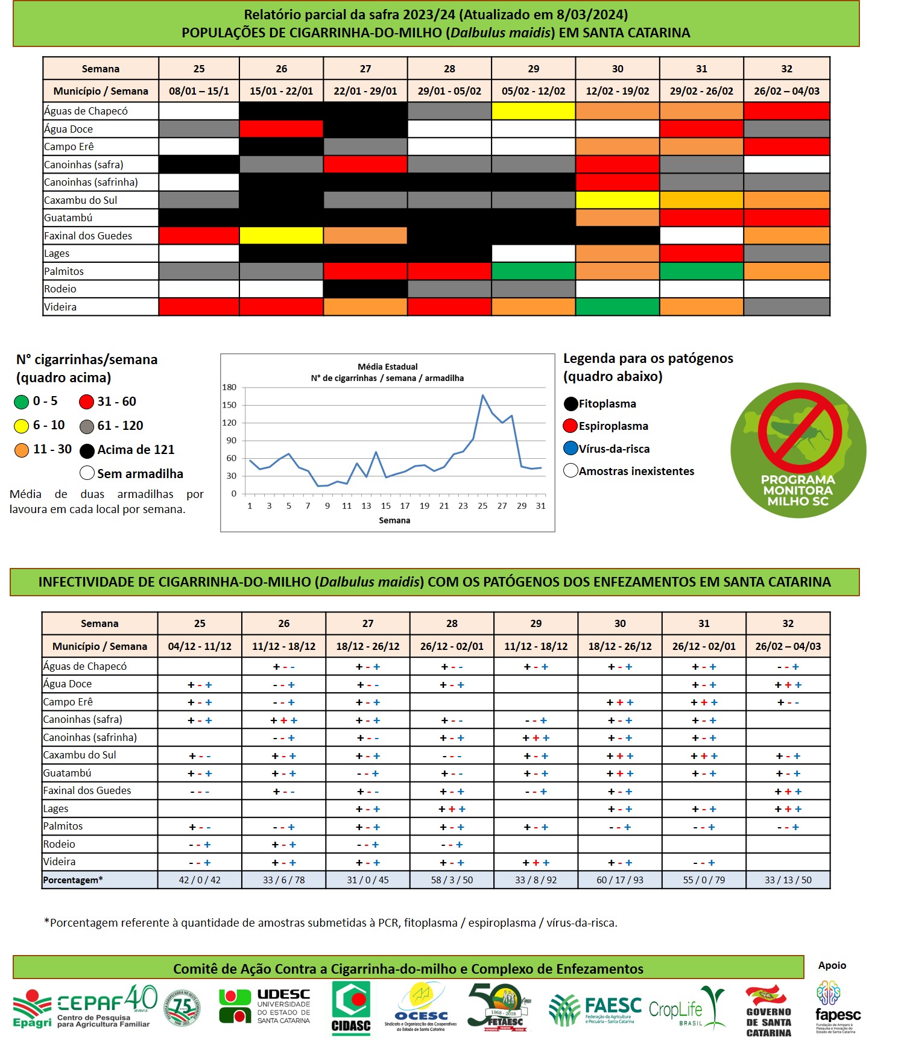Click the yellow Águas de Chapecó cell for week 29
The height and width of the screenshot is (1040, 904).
(533, 111)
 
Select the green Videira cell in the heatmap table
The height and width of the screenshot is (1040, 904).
(617, 307)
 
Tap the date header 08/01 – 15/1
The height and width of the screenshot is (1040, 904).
(199, 91)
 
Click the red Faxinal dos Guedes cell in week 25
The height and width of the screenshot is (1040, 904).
(199, 236)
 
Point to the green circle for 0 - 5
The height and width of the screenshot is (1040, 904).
(22, 402)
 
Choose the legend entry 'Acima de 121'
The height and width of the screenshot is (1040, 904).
(135, 450)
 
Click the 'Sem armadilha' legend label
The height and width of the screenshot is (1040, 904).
(140, 474)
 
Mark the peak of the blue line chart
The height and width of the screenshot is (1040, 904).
(482, 396)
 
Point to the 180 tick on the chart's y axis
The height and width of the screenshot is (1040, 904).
(230, 388)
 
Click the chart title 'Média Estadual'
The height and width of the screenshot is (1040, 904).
(387, 367)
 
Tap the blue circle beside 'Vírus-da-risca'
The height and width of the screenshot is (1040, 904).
(571, 449)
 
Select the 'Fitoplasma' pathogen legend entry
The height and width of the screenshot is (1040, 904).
(607, 404)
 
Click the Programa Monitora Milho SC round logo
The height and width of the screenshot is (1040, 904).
(798, 450)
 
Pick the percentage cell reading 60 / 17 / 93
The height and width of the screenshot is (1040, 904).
(620, 880)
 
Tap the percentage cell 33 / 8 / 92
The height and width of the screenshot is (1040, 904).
(536, 880)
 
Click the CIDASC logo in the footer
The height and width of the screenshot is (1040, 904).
(351, 1008)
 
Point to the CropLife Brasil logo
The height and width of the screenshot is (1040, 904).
(686, 1008)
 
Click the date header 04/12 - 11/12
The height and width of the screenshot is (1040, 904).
(200, 646)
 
